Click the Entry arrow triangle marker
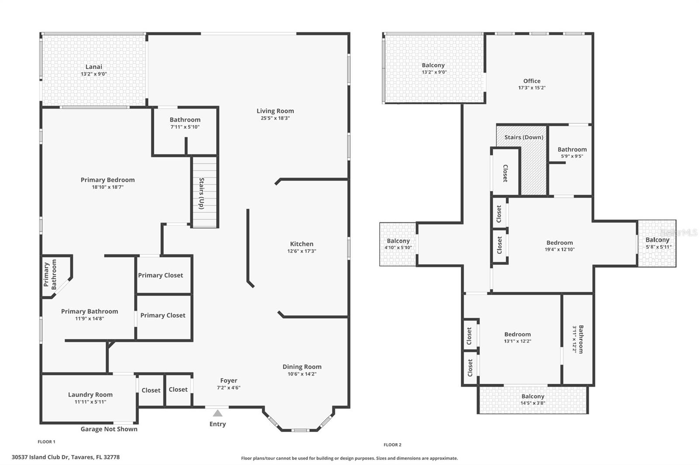coord(218,413)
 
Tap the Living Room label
coord(275,111)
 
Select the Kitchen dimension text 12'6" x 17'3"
coord(302,251)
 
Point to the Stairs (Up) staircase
coord(204,192)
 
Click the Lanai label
coord(93,67)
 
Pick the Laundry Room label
coord(90,395)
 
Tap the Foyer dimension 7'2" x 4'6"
coord(229,388)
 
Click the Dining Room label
coord(302,367)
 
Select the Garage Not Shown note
coord(109,429)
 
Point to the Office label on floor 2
coord(532,81)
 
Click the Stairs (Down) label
coord(524,137)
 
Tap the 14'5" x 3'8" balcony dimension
coord(533,403)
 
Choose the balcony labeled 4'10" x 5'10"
coord(398,244)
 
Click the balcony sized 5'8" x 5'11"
coord(657,243)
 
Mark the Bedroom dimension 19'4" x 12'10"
coord(560,250)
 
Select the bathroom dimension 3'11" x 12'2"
coord(574,339)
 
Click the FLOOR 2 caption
coord(393,445)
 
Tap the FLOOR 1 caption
coord(46,441)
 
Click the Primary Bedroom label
coord(107,180)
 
